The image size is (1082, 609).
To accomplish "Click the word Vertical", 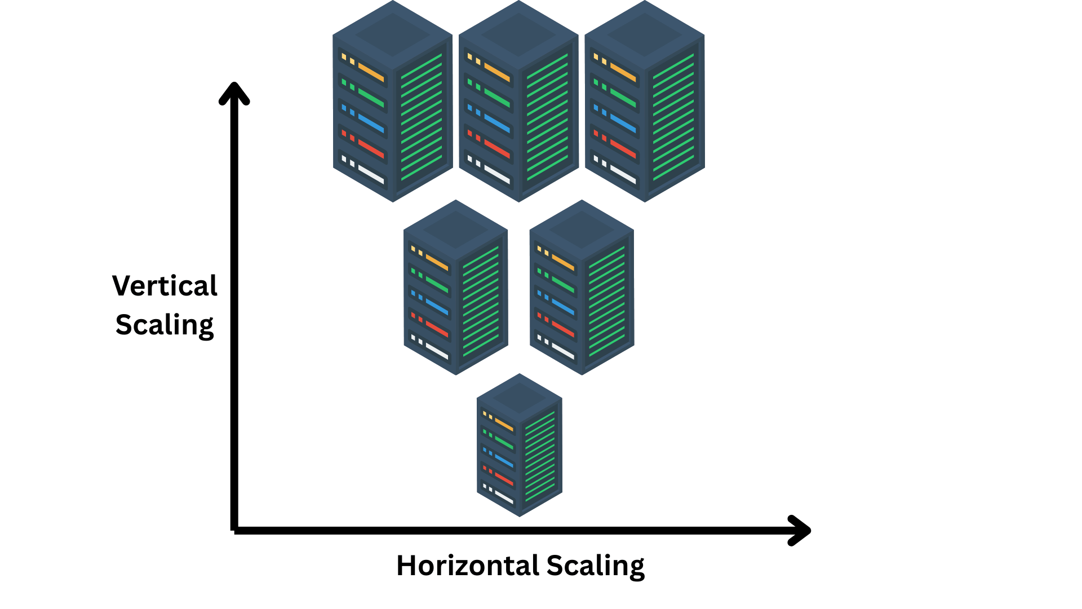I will (165, 286).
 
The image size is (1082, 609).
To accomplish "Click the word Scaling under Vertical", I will (165, 325).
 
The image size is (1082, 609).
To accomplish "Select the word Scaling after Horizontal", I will (595, 566).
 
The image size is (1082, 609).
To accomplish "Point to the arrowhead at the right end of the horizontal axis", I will (800, 530).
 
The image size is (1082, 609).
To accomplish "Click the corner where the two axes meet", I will (234, 529).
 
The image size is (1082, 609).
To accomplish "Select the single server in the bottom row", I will (519, 445).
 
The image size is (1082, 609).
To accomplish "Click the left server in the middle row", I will (455, 288).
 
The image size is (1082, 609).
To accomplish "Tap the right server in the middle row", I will (582, 288).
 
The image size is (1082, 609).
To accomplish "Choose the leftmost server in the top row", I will (392, 101).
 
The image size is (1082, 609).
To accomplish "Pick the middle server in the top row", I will (518, 101).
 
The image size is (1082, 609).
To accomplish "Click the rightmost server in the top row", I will (645, 101).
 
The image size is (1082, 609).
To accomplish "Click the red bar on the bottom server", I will (504, 479).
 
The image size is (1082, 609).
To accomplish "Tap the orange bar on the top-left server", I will (371, 73).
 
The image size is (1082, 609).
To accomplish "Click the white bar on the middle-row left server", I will (437, 351).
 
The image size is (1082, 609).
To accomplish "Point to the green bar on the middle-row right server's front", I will (563, 284).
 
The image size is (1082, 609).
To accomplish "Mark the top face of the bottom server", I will (519, 397).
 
